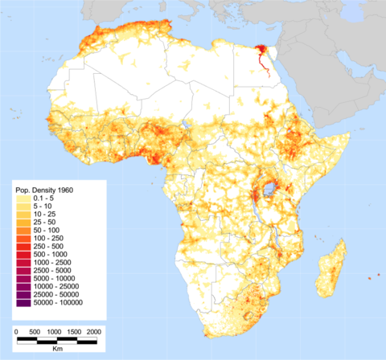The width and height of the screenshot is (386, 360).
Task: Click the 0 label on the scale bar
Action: click(17, 331)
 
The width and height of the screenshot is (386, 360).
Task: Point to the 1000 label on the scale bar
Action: click(55, 331)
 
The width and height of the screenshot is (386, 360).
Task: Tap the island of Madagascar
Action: click(331, 269)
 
